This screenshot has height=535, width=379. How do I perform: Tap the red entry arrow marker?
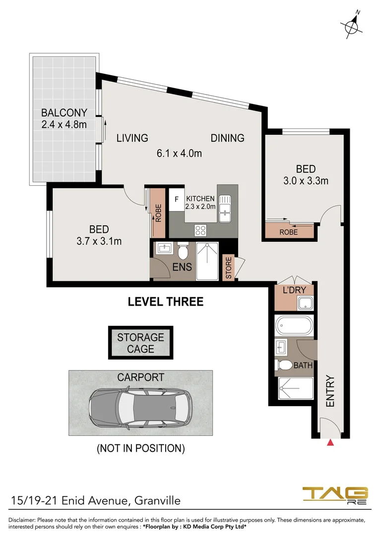coord(330,443)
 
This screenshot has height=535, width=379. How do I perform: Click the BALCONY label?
coord(64,112)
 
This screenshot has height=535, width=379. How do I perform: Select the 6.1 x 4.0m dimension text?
coord(180,153)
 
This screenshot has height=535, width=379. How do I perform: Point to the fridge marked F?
coord(176,199)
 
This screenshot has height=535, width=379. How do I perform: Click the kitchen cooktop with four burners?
coord(200,230)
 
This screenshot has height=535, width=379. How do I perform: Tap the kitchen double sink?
coord(225,209)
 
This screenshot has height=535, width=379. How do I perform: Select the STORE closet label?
coord(229,268)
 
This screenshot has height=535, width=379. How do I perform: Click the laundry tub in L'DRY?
coord(305,303)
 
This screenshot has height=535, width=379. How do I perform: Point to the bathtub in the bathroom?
coord(294,326)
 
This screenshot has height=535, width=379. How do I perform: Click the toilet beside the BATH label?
coord(284,366)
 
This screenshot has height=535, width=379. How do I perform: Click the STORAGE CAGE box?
coord(140,343)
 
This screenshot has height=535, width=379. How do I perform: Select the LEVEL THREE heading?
coord(166,302)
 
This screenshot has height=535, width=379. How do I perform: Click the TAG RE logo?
coord(335,496)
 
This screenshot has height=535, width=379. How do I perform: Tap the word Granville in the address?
coord(158,501)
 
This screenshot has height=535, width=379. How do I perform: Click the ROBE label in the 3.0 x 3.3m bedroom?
coord(288,232)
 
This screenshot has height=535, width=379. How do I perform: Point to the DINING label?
coord(228,138)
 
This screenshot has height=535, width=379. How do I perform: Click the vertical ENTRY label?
coord(330,391)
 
